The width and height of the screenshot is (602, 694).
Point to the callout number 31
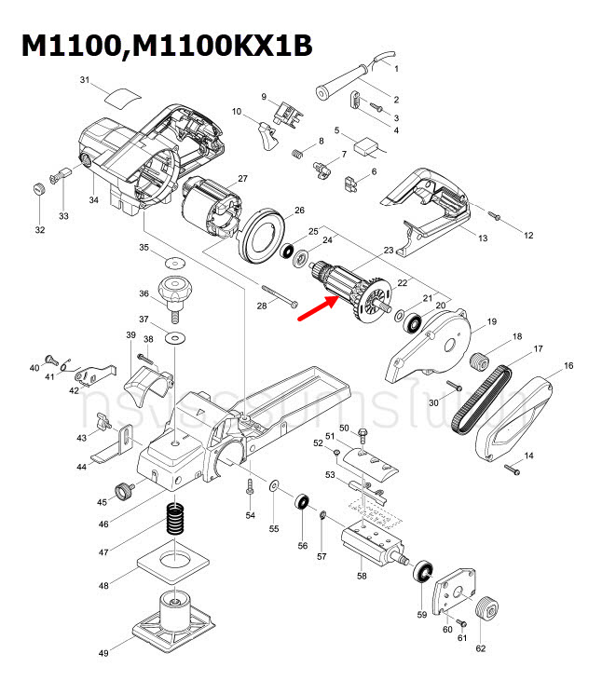(84, 80)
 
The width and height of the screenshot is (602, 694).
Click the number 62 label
(481, 648)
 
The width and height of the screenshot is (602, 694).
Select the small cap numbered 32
(38, 190)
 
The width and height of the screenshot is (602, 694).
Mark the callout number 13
(483, 239)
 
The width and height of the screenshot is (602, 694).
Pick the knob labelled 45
(121, 491)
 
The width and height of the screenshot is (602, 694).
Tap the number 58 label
(362, 576)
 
